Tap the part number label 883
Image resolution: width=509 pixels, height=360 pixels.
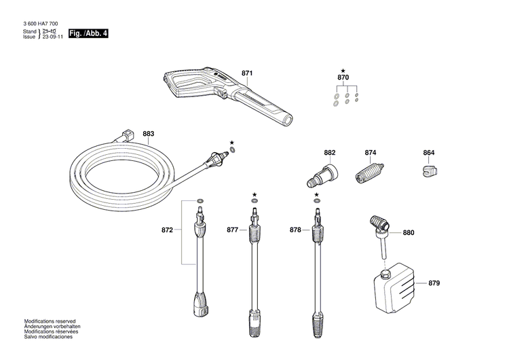coord(149,134)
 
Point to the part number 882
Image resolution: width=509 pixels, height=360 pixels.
coord(330,153)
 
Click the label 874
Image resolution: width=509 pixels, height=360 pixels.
coord(370,153)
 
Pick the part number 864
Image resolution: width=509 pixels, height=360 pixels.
coord(429,153)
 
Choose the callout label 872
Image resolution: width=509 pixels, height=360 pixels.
coord(167,230)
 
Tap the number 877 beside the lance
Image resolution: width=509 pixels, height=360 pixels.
coord(233,230)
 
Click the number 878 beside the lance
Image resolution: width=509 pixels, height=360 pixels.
coord(295,230)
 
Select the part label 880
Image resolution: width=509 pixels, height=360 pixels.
coord(408,233)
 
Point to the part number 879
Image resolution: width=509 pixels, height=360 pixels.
coord(434,283)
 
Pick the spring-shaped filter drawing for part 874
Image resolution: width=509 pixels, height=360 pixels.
coord(370,171)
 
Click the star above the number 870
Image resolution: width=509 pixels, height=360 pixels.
coord(343,71)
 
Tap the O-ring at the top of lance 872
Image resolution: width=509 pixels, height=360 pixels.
coord(200,202)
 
